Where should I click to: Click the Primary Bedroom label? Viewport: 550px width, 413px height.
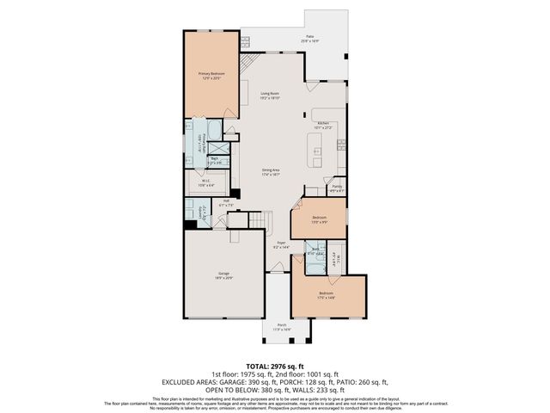[x=211, y=77]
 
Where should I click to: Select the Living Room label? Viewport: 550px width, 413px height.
[x=270, y=97]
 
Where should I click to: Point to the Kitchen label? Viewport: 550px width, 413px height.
[x=323, y=126]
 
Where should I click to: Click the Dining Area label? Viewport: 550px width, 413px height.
[x=272, y=171]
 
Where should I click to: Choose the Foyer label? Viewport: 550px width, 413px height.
[x=280, y=244]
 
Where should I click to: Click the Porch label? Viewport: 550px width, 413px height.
[x=281, y=328]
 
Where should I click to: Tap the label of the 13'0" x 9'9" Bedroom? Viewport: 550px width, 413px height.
[x=319, y=219]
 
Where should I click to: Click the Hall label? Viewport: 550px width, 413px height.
[x=226, y=204]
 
